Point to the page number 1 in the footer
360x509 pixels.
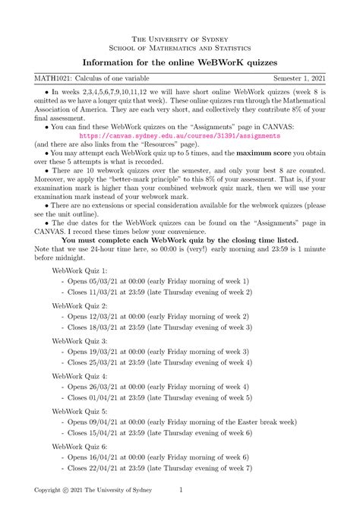coord(181,491)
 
